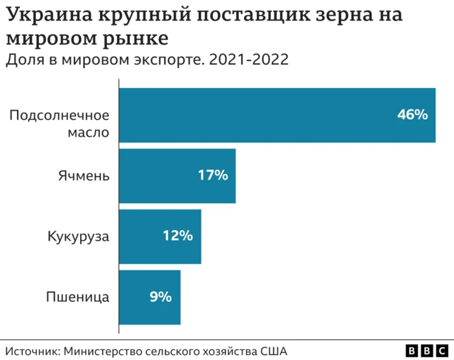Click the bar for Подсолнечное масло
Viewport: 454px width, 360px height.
[x=277, y=115]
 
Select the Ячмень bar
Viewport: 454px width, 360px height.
[x=177, y=175]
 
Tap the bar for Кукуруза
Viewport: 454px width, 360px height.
[x=160, y=236]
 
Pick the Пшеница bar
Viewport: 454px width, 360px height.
[x=149, y=297]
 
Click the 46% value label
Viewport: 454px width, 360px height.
[x=412, y=114]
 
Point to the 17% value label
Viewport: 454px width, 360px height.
[x=213, y=175]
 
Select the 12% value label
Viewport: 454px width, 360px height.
[x=178, y=236]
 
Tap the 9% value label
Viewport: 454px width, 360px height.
[x=160, y=297]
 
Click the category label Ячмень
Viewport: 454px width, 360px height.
[x=84, y=175]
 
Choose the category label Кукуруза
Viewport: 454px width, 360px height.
[x=78, y=236]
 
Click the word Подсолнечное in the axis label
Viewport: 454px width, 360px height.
[x=59, y=115]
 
